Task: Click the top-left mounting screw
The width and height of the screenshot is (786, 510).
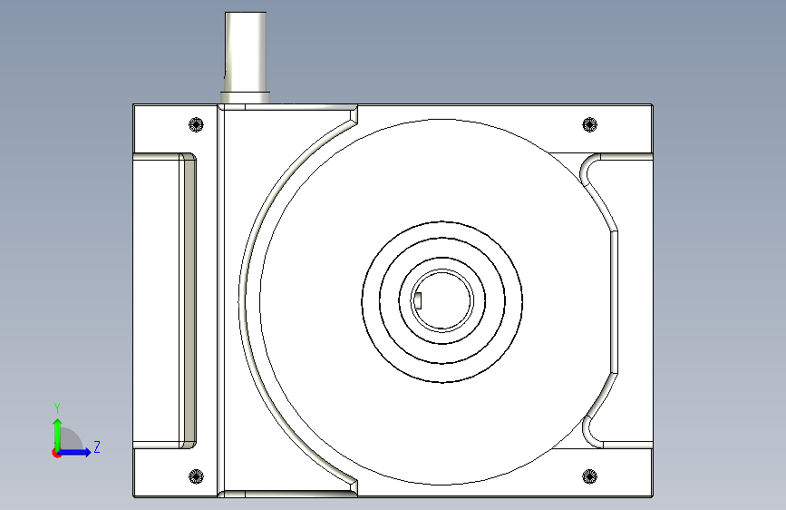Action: click(196, 124)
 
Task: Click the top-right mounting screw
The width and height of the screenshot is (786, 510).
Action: click(590, 124)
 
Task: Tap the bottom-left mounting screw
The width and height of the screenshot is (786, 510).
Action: click(196, 476)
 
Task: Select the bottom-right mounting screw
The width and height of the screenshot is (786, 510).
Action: click(590, 476)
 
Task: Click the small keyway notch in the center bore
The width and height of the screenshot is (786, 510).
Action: click(418, 300)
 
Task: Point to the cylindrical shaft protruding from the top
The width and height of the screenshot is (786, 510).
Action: click(246, 51)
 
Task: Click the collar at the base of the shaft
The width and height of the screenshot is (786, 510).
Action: click(246, 97)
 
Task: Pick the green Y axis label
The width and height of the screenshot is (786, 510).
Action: click(57, 407)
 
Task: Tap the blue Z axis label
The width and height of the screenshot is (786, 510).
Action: click(97, 446)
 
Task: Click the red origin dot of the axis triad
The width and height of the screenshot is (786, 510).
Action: click(56, 453)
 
